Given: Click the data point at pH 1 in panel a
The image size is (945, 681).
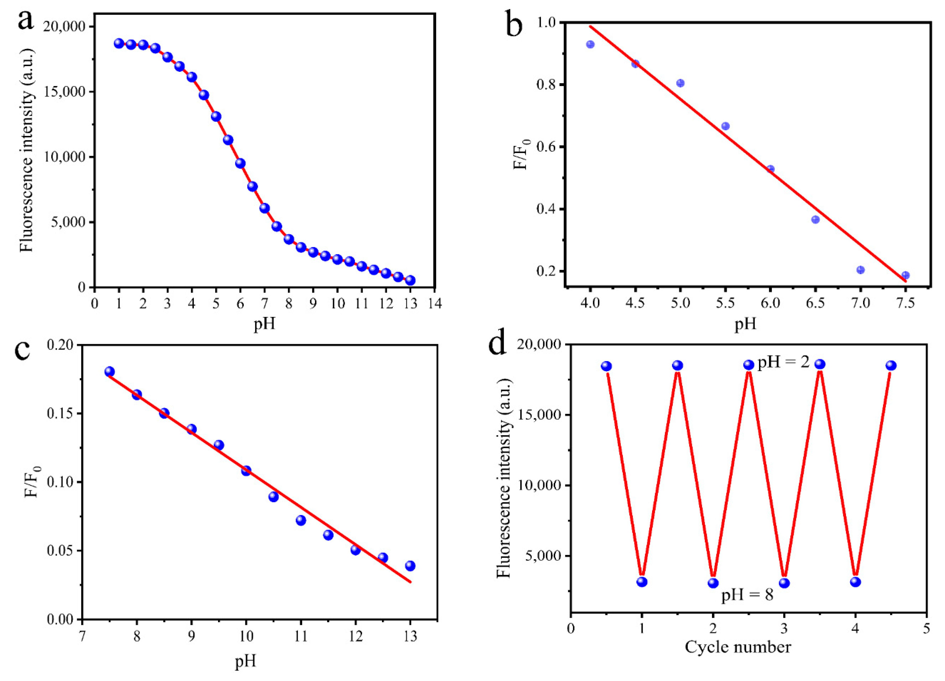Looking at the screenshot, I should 119,43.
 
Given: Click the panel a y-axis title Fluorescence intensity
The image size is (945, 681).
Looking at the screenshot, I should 27,150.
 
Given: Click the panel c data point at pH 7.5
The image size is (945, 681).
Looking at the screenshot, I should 109,372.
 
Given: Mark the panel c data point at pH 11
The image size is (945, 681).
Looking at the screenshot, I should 301,520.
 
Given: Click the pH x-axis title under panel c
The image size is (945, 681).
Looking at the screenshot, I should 245,661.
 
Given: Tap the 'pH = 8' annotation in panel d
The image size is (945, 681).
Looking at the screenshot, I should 747,595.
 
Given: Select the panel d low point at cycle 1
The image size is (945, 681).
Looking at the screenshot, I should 642,582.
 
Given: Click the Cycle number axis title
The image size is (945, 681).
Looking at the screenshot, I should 738,647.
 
